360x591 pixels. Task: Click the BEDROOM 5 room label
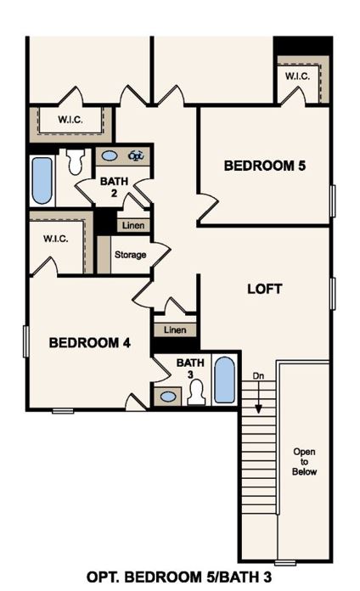click(264, 166)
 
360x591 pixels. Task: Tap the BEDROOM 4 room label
click(89, 343)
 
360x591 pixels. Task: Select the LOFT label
click(264, 289)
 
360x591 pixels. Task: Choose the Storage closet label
click(130, 255)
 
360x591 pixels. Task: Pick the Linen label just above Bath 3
click(175, 329)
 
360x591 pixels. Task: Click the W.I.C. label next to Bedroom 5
click(297, 76)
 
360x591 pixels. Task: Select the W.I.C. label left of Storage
click(56, 239)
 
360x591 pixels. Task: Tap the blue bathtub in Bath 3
click(224, 380)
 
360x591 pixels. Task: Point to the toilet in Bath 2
click(76, 160)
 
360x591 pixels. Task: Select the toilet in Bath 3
click(196, 393)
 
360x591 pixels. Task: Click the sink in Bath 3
click(168, 396)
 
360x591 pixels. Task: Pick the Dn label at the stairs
click(258, 374)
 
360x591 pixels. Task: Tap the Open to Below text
click(304, 460)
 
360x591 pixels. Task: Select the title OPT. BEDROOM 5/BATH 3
click(179, 577)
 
